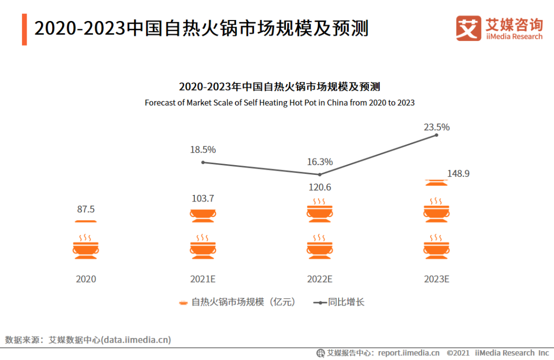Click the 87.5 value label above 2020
(86, 209)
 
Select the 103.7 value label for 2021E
(203, 198)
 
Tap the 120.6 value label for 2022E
(319, 187)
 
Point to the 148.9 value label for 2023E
(458, 174)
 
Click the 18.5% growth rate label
(203, 150)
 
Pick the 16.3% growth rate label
(320, 162)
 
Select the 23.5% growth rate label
(437, 127)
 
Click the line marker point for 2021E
(203, 162)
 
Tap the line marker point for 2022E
(320, 174)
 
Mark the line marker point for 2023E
(437, 135)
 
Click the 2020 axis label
(86, 279)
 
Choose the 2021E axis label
(203, 279)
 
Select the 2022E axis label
(320, 279)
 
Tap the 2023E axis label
(437, 279)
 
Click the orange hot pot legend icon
(183, 303)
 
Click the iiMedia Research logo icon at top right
(468, 28)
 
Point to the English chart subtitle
(280, 103)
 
